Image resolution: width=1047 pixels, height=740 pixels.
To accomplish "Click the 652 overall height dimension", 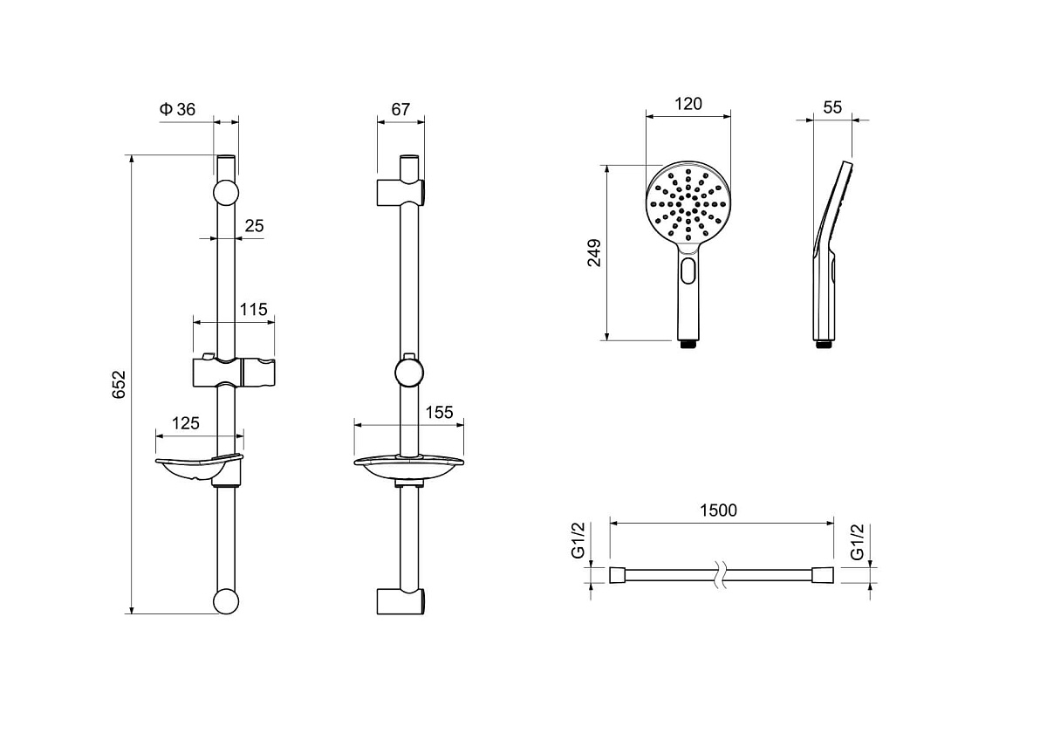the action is coord(120,384).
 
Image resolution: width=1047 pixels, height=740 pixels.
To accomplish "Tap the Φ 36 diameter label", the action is coord(177,109).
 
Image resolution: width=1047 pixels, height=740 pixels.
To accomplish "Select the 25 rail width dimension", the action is coord(254,226).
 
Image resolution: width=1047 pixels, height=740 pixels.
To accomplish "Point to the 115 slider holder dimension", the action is coord(253,309).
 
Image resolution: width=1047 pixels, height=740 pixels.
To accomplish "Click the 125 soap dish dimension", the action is coord(186,423).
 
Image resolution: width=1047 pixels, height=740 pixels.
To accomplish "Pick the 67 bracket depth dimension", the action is coord(400,109).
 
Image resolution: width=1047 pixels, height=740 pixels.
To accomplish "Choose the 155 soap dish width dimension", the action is coord(440,412).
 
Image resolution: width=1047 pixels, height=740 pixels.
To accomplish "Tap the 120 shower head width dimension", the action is coord(688,104).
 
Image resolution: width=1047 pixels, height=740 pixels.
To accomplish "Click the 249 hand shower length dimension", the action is coord(594,253).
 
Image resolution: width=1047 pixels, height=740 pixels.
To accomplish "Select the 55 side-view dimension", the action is coord(832,107).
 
